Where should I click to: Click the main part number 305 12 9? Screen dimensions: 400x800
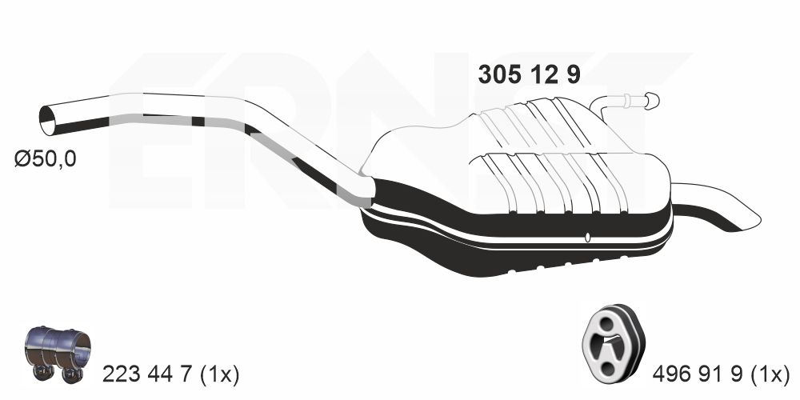pos(528,74)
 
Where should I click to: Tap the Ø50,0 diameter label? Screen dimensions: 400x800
pos(45,159)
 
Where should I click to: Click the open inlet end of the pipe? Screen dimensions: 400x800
pos(49,120)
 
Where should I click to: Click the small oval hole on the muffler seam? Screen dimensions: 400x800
pos(588,237)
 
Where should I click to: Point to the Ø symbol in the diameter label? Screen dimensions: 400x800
pos(21,159)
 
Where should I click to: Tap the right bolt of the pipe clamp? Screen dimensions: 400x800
pos(71,373)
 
